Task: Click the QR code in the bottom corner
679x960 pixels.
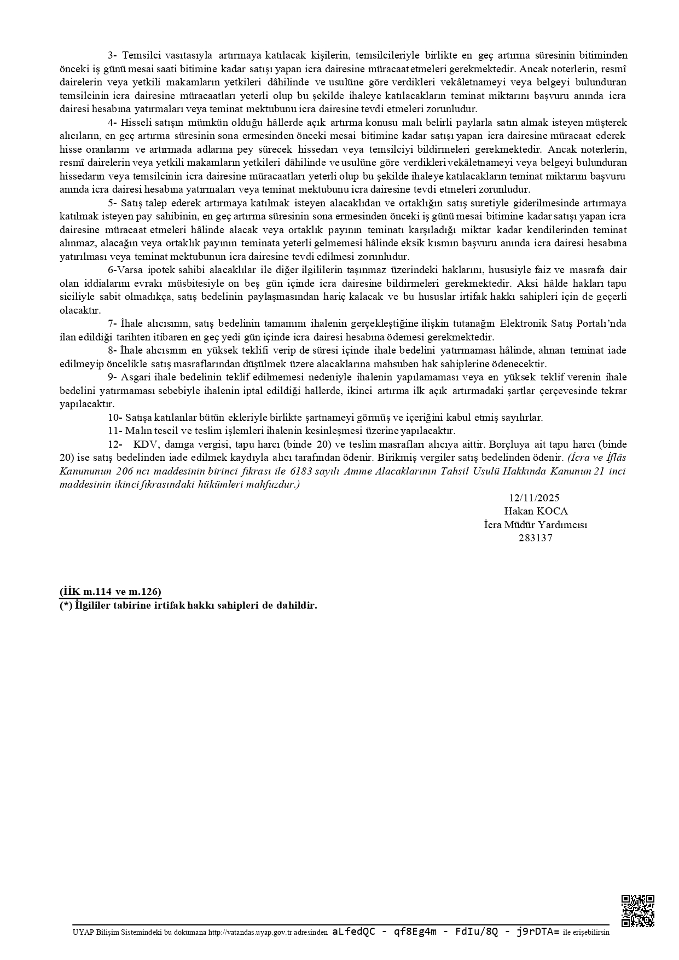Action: coord(638,911)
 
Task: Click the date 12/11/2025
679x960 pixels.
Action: coord(534,498)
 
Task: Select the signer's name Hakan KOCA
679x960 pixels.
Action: coord(536,511)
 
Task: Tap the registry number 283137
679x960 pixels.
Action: coord(536,537)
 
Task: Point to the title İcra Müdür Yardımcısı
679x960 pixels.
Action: coord(536,524)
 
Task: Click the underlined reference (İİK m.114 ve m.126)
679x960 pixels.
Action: coord(111,592)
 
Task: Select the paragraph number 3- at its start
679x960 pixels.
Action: coord(113,55)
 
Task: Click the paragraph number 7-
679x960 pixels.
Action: coord(113,323)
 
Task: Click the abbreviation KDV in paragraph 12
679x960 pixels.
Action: coord(144,444)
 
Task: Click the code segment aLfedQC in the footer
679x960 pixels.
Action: coord(353,932)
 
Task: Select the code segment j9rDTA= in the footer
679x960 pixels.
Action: coord(537,932)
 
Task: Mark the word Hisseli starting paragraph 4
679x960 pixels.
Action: coord(135,123)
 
